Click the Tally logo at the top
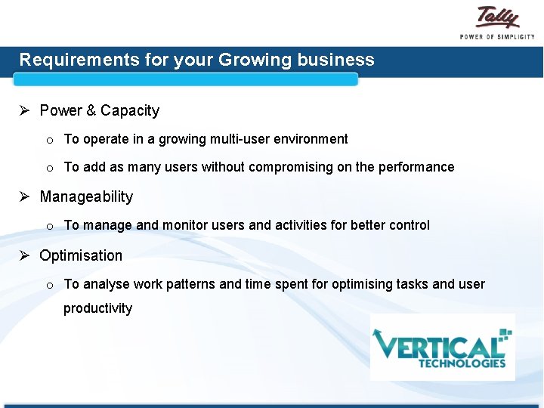click(x=497, y=17)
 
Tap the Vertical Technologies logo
click(x=442, y=347)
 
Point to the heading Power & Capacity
click(x=99, y=111)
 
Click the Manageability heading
click(x=85, y=197)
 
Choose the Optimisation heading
click(x=80, y=255)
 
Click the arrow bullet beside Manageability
click(x=24, y=197)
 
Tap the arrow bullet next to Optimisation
click(x=24, y=255)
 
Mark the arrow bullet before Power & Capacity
click(x=24, y=111)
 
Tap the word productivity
click(x=97, y=308)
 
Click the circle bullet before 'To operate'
click(x=48, y=141)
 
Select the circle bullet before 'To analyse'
click(x=48, y=286)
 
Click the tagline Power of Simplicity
click(x=497, y=36)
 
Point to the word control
click(x=410, y=225)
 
